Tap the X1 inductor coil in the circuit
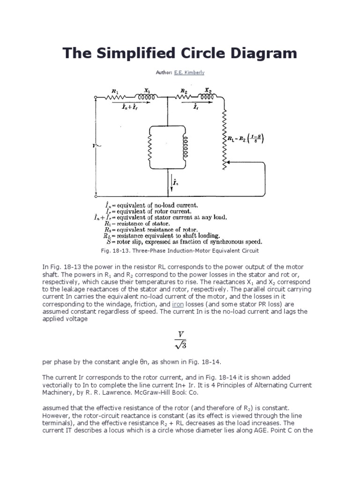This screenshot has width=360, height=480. (146, 97)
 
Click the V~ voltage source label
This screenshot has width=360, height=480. (97, 145)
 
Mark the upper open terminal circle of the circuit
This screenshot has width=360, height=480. (95, 97)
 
